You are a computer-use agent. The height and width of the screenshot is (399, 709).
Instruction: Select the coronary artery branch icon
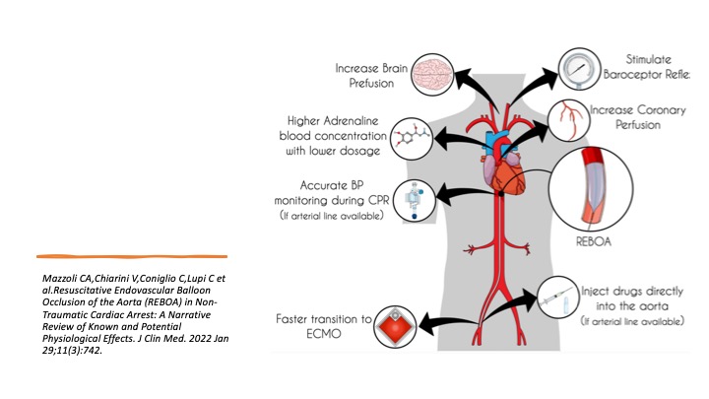571,119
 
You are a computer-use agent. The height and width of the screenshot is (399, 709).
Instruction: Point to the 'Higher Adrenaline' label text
330,121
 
